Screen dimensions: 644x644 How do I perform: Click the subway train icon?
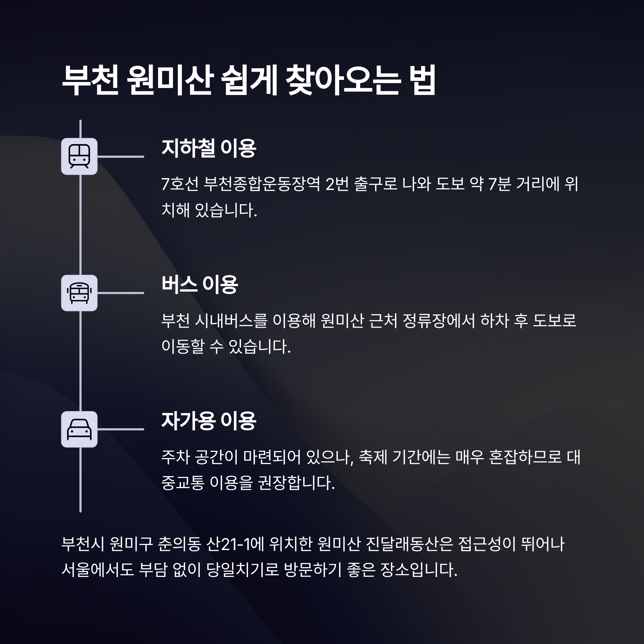79,156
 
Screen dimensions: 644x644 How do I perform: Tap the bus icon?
79,293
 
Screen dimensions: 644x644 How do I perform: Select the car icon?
79,429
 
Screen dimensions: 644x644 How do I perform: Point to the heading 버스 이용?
200,285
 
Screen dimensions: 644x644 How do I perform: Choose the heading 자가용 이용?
209,421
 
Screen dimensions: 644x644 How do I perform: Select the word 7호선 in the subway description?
180,184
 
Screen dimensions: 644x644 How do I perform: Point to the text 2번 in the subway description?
337,184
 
